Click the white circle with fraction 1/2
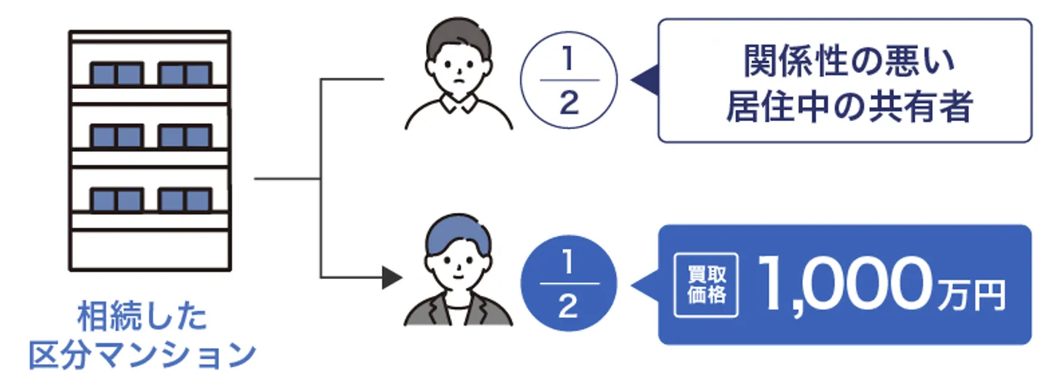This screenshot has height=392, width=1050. [x=569, y=79]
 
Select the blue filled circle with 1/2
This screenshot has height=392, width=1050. [x=569, y=283]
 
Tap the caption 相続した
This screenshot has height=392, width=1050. [x=143, y=318]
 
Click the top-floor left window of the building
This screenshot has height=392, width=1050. [x=116, y=74]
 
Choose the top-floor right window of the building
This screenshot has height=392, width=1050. [x=184, y=74]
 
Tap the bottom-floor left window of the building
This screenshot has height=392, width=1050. [x=116, y=200]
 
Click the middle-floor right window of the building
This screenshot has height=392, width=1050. [x=184, y=137]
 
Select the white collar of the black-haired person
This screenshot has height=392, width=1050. [x=459, y=106]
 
